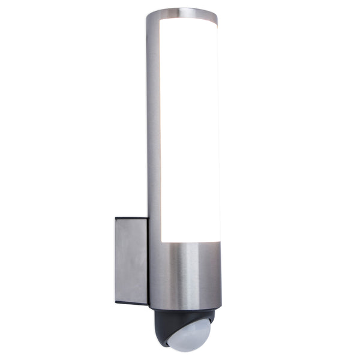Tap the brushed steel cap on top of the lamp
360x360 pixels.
181,12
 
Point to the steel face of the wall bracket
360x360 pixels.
131,261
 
